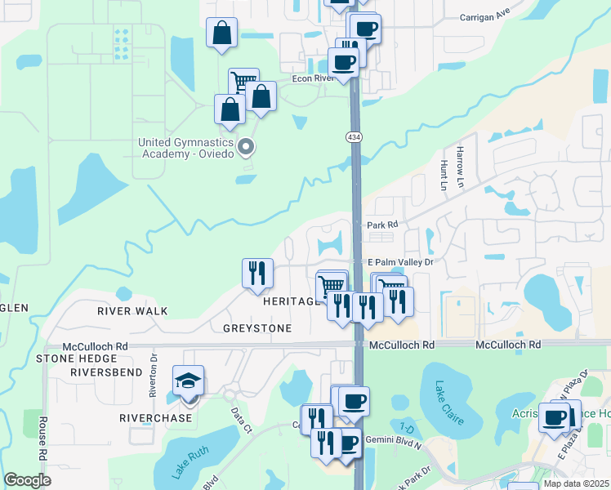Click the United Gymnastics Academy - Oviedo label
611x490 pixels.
[186, 148]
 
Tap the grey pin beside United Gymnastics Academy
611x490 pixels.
[247, 148]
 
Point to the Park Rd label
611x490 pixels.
[381, 224]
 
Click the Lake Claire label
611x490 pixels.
[448, 403]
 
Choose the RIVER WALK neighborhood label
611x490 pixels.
[132, 311]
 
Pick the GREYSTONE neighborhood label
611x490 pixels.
[257, 328]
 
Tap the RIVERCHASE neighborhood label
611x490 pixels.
[155, 417]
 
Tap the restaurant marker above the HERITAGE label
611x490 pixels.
[257, 273]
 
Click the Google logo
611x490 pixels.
[27, 480]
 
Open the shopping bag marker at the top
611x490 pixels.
[221, 33]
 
